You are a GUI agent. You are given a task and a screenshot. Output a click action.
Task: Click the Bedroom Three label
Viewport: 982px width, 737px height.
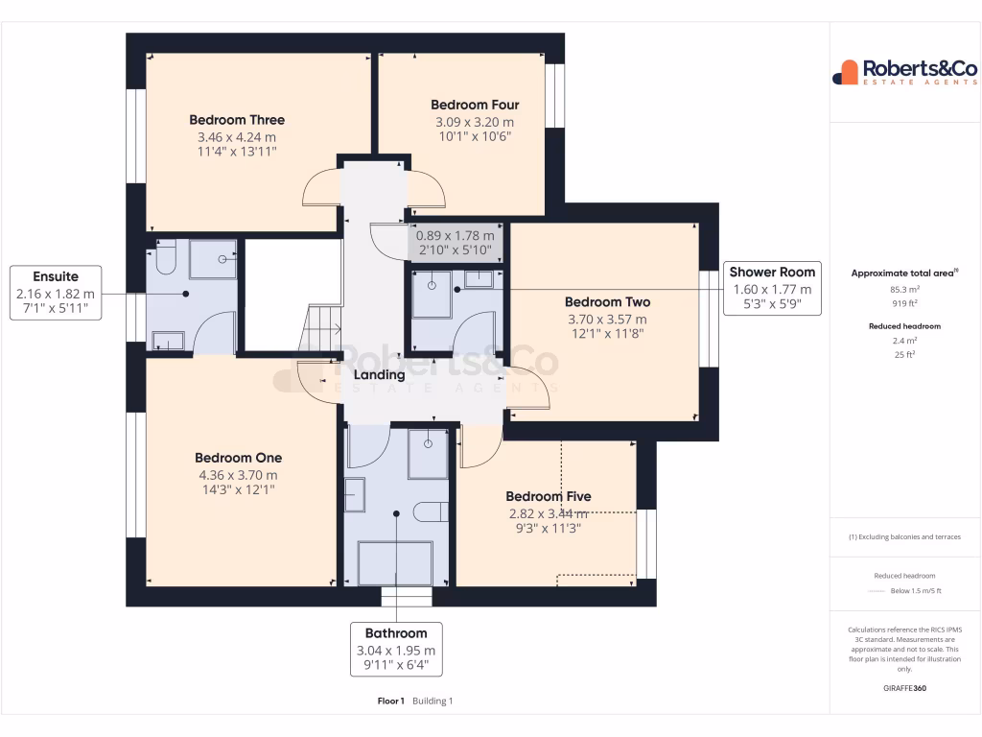[237, 120]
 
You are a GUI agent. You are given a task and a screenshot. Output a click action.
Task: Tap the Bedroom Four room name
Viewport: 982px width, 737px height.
[475, 105]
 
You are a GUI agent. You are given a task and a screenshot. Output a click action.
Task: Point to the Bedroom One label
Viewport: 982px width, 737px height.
[238, 458]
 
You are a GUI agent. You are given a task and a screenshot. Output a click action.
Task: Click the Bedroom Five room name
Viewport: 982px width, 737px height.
[549, 496]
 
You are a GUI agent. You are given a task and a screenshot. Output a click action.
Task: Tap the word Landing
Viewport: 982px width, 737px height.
[380, 375]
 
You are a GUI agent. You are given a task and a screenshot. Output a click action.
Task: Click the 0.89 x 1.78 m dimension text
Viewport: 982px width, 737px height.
[455, 235]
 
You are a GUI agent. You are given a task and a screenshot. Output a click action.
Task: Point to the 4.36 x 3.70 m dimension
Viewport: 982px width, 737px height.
[238, 475]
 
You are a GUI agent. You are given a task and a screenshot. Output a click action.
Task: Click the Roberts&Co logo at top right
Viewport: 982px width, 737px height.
[904, 72]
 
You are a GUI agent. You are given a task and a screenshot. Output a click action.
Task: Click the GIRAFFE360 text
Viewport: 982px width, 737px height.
[905, 688]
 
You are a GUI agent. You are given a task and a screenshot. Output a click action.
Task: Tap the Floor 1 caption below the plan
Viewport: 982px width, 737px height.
[391, 701]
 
